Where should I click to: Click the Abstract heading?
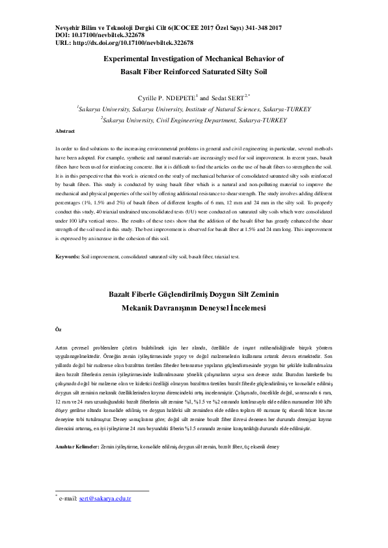click(65, 131)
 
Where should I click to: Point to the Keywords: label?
click(68, 257)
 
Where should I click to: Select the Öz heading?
click(58, 331)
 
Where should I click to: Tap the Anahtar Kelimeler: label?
click(77, 467)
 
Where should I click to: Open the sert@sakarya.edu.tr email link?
click(105, 517)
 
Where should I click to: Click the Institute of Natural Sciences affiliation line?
click(194, 110)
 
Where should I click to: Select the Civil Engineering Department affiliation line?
click(194, 120)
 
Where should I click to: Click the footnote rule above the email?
click(102, 509)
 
